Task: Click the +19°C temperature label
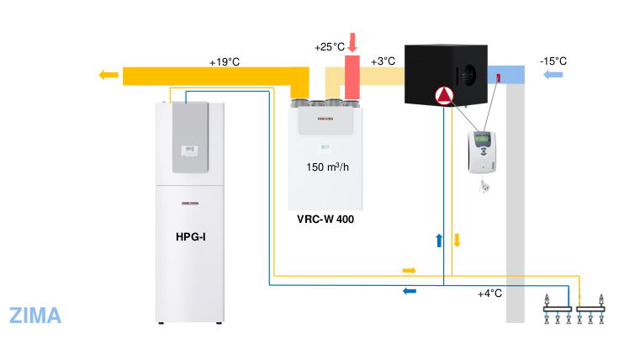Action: pos(224,61)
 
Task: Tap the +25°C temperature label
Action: pos(329,46)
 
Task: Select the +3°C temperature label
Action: pos(383,61)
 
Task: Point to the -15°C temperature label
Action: pos(553,61)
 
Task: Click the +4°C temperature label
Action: pos(489,294)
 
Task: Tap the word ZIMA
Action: pos(35,315)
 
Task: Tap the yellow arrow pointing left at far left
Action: pos(108,75)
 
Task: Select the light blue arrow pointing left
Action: pos(553,75)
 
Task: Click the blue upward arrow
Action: pos(438,241)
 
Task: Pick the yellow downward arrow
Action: pos(458,240)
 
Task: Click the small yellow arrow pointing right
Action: pos(410,271)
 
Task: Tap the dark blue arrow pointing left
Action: pos(410,291)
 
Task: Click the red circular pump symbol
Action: pos(443,97)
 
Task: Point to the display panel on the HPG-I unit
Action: pos(188,151)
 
